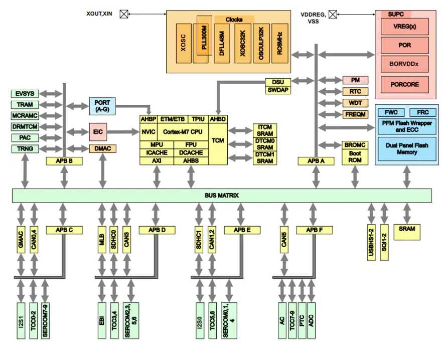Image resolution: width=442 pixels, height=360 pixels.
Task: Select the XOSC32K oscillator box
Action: pyautogui.click(x=242, y=43)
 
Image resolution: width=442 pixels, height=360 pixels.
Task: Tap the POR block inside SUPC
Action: pyautogui.click(x=405, y=45)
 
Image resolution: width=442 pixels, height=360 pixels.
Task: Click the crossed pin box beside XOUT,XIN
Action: pyautogui.click(x=123, y=15)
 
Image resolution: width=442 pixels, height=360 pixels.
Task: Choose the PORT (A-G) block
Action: pyautogui.click(x=102, y=106)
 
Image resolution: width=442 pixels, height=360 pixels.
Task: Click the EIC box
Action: pyautogui.click(x=97, y=132)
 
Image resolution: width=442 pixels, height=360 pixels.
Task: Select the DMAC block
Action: pyautogui.click(x=102, y=148)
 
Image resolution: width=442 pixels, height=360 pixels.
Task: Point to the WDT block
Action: pyautogui.click(x=355, y=103)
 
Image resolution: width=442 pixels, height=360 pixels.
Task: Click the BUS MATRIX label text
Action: pyautogui.click(x=221, y=195)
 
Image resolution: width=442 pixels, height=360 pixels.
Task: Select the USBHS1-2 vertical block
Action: pyautogui.click(x=371, y=243)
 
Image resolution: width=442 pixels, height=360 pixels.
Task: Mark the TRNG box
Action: pyautogui.click(x=25, y=149)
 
